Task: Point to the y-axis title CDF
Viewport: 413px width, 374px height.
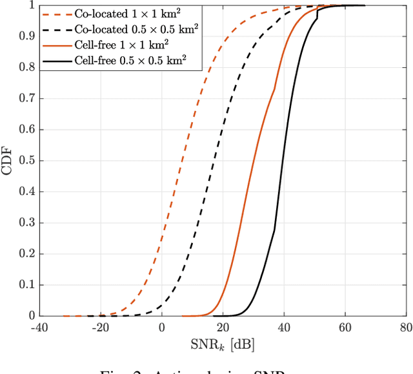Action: click(10, 160)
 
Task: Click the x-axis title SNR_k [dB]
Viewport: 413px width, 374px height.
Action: click(222, 346)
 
